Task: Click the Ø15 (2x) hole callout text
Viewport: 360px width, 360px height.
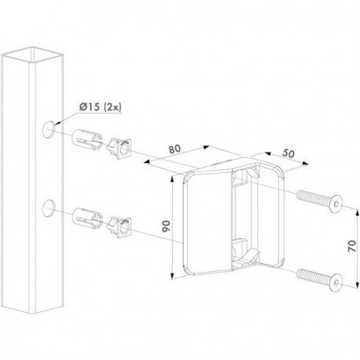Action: tap(101, 107)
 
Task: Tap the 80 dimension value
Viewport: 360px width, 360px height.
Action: tap(174, 149)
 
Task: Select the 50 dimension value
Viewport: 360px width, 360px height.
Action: tap(288, 153)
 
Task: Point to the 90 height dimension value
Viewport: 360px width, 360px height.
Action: tap(166, 226)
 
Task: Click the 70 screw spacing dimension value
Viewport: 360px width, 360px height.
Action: tap(352, 246)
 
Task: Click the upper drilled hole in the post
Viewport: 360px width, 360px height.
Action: tap(48, 130)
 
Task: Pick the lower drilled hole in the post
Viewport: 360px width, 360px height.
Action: tap(48, 208)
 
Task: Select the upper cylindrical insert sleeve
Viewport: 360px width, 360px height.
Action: tap(86, 140)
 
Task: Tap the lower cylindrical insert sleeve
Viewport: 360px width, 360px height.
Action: tap(86, 219)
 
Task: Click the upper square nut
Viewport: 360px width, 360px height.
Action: tap(119, 149)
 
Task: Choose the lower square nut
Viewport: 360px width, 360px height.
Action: tap(119, 227)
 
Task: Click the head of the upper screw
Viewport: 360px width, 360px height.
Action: tap(336, 204)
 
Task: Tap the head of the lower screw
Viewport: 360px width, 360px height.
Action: tap(336, 281)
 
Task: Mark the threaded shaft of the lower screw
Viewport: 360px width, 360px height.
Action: tap(314, 275)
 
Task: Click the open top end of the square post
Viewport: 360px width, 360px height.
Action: tap(32, 55)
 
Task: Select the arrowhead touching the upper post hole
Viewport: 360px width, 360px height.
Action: tap(58, 123)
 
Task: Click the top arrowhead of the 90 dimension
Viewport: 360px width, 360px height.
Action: tap(172, 178)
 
